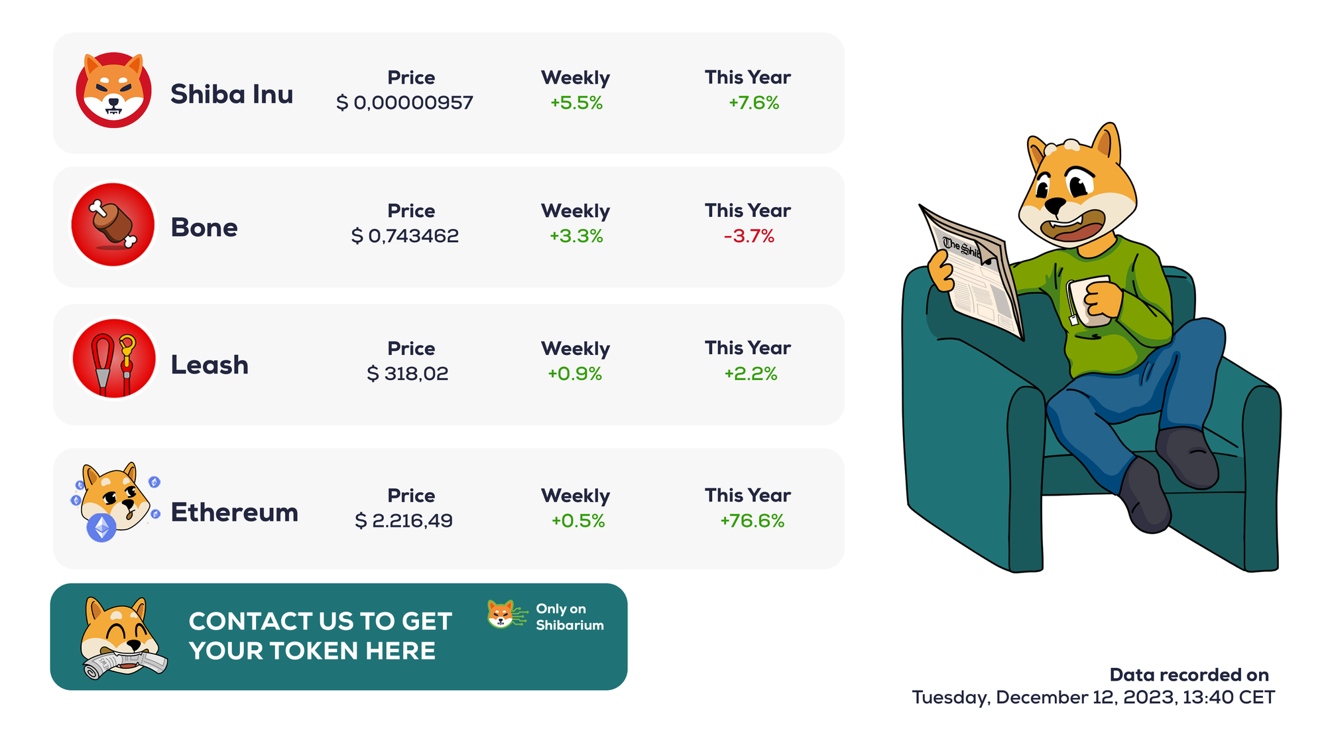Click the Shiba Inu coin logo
(x=113, y=90)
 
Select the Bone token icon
(x=113, y=225)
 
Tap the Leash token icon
(x=114, y=359)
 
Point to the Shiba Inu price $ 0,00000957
(x=404, y=103)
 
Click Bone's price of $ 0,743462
(x=404, y=236)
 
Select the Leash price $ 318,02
(x=407, y=374)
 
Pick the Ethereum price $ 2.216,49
(x=404, y=521)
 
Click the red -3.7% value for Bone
(x=749, y=236)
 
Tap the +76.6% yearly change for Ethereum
(x=753, y=521)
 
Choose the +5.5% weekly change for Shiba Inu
(x=576, y=103)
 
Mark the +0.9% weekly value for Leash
(x=575, y=374)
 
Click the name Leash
(x=210, y=365)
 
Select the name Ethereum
(x=235, y=512)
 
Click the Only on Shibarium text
(x=570, y=617)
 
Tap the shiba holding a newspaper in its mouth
(x=123, y=639)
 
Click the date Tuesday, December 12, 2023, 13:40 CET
(x=1093, y=697)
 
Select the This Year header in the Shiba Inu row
(x=748, y=78)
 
